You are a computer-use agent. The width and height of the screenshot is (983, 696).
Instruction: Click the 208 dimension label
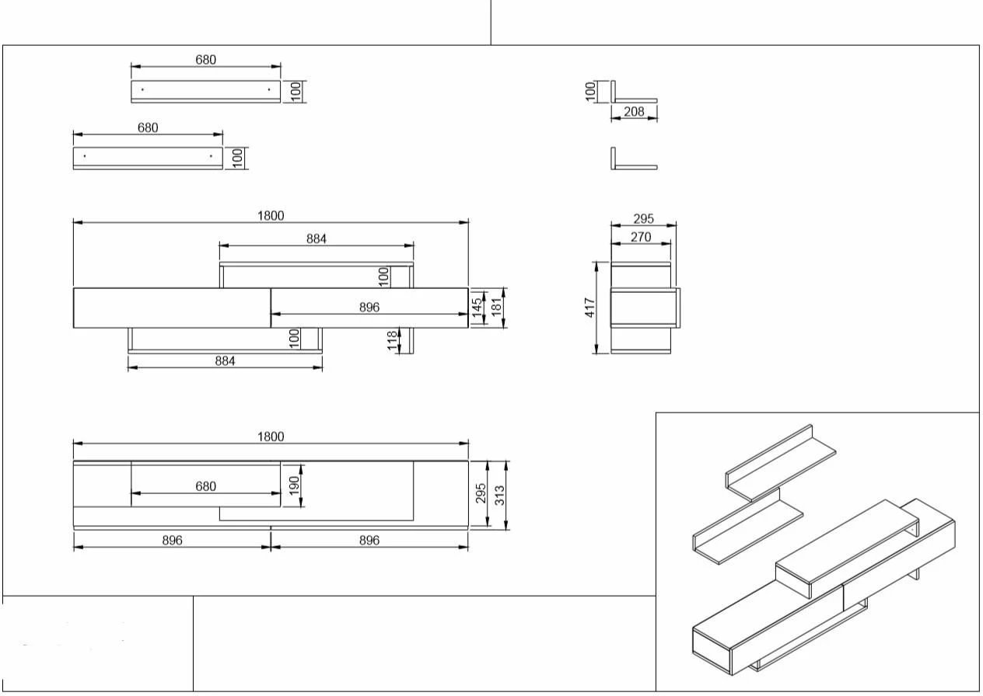[634, 112]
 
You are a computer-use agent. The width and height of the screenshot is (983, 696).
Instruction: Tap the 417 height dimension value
[589, 308]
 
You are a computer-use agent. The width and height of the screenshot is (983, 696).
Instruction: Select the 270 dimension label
[641, 237]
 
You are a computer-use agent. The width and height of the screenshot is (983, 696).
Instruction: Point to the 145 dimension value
[477, 308]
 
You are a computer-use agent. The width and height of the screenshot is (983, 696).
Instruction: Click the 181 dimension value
[496, 308]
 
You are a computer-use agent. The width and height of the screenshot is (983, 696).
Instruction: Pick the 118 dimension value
[392, 340]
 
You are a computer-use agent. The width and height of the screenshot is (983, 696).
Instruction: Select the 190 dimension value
[295, 485]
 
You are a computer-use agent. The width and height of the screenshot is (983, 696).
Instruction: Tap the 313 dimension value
[499, 496]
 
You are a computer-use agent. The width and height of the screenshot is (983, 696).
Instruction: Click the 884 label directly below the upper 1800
[316, 239]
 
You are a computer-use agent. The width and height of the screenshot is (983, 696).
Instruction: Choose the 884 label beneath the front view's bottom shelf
[225, 361]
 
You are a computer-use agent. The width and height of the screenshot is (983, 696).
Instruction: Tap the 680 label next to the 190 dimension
[205, 486]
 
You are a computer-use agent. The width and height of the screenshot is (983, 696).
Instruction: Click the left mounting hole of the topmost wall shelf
[142, 89]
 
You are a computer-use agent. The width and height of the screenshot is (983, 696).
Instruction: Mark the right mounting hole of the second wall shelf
[211, 156]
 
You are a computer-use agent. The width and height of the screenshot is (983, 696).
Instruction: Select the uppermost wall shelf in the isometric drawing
[780, 463]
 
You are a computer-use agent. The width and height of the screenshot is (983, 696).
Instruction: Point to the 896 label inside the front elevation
[369, 308]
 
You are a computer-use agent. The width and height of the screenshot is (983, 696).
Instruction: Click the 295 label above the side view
[643, 219]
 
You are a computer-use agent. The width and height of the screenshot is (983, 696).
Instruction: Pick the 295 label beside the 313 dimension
[481, 493]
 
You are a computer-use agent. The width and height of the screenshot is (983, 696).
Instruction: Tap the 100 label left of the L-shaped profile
[589, 92]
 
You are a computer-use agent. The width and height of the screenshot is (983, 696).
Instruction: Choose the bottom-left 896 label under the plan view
[172, 541]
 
